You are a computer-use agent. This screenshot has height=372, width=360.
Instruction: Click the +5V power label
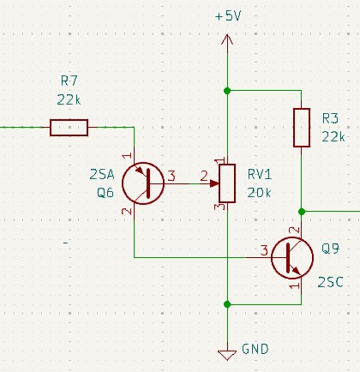pos(228,16)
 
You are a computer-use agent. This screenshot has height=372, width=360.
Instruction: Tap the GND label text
pos(255,349)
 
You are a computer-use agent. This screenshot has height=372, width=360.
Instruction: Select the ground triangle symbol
pos(227,355)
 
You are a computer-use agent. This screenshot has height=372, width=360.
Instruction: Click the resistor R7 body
pos(69,128)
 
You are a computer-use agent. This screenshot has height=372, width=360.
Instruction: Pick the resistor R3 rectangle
pos(302,128)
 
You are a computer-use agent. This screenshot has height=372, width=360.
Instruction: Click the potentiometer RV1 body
pos(227,183)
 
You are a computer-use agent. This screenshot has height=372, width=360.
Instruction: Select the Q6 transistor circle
pos(143,183)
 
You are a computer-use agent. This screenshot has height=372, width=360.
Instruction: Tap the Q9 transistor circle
pos(292,258)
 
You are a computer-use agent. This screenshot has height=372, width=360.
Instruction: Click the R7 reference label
pos(69,81)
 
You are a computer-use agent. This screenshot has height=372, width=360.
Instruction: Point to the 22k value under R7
pos(69,99)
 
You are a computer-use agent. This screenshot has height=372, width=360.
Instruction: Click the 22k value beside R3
pos(333,137)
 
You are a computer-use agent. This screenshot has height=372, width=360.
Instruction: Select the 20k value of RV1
pos(259,193)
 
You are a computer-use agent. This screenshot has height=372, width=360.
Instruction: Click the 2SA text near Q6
pos(102,174)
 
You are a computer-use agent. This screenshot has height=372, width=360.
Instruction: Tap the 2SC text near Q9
pos(330,282)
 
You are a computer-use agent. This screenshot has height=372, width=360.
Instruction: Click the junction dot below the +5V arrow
pos(227,91)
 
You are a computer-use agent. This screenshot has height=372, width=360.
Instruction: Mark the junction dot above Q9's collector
pos(302,212)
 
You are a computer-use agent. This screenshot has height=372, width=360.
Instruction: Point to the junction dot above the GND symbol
pos(227,304)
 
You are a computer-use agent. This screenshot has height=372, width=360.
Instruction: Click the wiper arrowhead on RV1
pos(214,183)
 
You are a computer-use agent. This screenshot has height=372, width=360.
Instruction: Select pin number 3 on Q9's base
pos(264,250)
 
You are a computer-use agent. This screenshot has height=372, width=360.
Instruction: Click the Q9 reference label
pos(330,249)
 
